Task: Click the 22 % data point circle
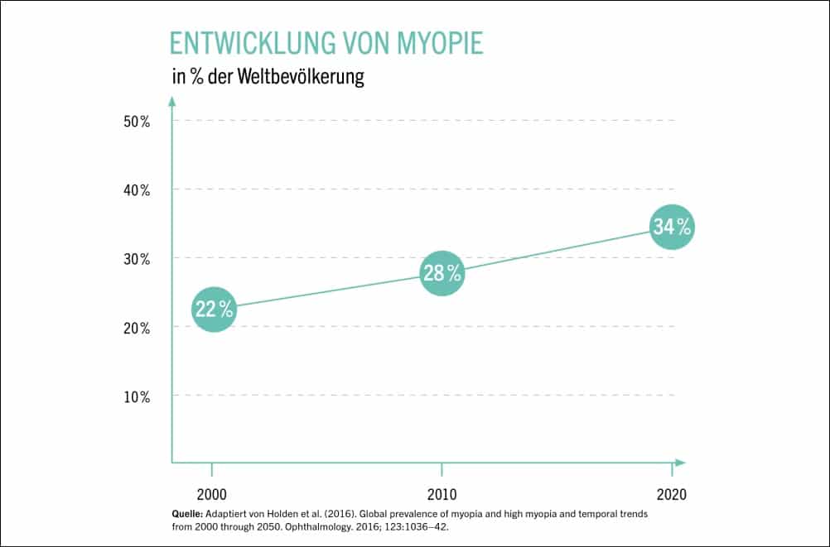click(214, 309)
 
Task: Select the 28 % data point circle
click(442, 272)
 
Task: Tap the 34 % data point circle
click(671, 227)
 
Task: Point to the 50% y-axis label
click(137, 121)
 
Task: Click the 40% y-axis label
click(137, 190)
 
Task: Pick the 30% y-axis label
click(137, 259)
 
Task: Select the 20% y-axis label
click(137, 328)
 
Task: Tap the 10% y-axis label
click(137, 396)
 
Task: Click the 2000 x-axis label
click(213, 495)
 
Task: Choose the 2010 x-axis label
click(442, 495)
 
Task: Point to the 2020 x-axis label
click(671, 495)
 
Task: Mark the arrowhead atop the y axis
click(172, 101)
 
